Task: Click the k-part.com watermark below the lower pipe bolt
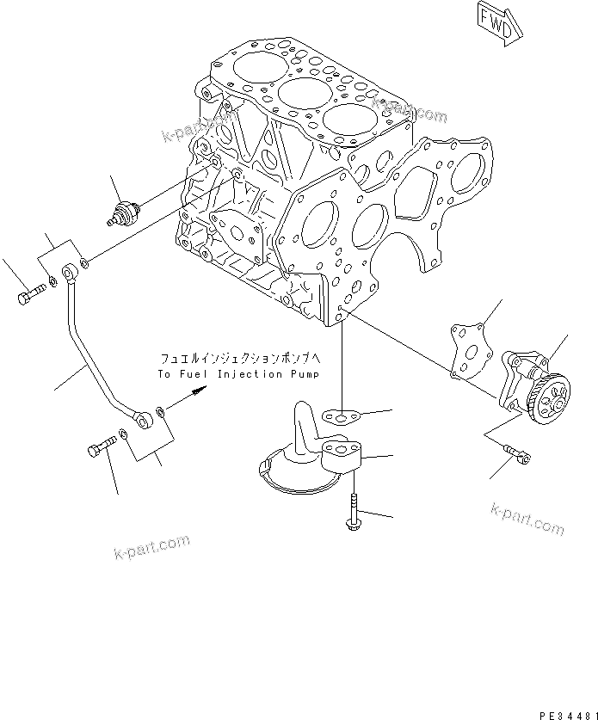coord(151,546)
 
